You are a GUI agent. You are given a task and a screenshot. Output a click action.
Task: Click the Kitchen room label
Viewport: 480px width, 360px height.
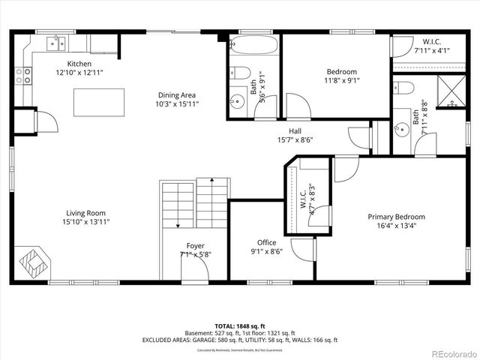click(x=79, y=64)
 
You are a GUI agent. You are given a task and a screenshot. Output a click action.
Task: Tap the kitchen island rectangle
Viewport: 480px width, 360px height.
click(x=99, y=102)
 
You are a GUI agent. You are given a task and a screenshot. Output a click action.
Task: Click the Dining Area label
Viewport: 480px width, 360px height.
click(x=177, y=95)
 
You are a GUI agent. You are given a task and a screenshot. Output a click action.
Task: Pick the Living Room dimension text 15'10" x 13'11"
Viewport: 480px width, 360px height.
click(x=85, y=222)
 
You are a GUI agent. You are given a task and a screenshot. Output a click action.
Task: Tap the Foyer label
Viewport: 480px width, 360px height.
click(x=195, y=245)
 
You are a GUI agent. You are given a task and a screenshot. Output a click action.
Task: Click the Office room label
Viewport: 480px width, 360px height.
click(x=266, y=242)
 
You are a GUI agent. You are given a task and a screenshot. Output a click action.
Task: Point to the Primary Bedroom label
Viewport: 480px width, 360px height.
click(x=396, y=217)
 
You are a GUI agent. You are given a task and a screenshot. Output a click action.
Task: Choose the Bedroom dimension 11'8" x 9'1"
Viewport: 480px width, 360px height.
click(x=325, y=81)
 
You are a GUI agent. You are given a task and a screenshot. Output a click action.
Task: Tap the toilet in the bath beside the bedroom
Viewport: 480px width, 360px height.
click(x=239, y=73)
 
